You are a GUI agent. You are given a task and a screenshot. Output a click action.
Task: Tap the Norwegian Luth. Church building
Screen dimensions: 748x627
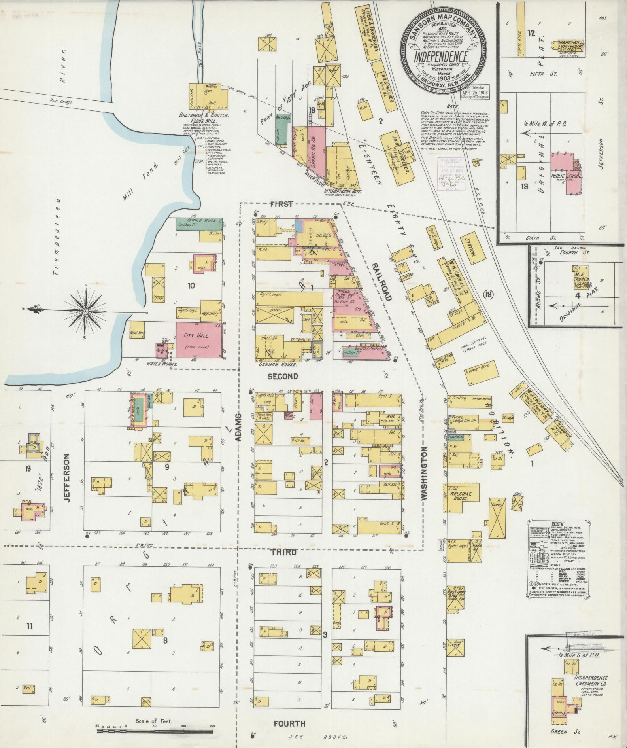click(570, 47)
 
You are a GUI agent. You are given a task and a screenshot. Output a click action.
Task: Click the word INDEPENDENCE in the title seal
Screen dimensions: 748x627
click(442, 57)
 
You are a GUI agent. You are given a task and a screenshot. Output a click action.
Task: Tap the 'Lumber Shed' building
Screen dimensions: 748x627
click(478, 372)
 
